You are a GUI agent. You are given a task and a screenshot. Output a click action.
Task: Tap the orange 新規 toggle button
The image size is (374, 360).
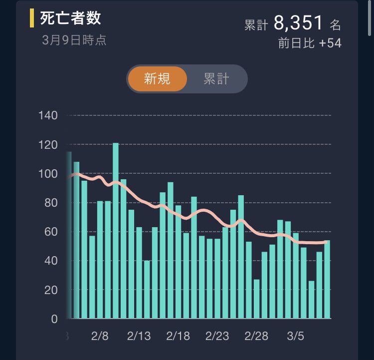point(157,79)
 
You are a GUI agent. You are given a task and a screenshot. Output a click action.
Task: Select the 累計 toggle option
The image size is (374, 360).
point(216,79)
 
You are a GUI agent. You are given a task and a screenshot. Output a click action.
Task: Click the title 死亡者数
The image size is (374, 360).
point(70,18)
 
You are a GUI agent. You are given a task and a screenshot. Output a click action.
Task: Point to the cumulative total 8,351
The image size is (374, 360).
point(299,23)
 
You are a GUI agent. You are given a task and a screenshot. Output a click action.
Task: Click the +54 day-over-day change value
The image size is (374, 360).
point(330,43)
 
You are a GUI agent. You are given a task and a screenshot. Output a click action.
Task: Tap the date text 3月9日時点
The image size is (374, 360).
point(74,40)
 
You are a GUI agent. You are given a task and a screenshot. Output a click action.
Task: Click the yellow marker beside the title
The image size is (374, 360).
point(32,18)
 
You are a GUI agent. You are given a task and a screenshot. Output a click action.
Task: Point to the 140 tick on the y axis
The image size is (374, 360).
point(48,116)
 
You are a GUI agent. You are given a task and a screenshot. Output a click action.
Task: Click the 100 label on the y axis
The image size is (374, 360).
point(48,174)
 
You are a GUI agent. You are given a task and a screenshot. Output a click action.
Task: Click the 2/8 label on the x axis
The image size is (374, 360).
point(100,336)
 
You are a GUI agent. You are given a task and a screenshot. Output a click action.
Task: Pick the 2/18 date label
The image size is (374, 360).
point(179,336)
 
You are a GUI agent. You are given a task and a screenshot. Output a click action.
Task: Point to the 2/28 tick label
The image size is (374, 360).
point(257,336)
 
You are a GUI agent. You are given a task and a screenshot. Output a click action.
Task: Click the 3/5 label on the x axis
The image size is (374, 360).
point(296,336)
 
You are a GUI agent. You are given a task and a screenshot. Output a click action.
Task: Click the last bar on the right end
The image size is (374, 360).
point(327,280)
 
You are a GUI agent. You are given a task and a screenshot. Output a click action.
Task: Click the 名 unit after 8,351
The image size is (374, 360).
point(335,25)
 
